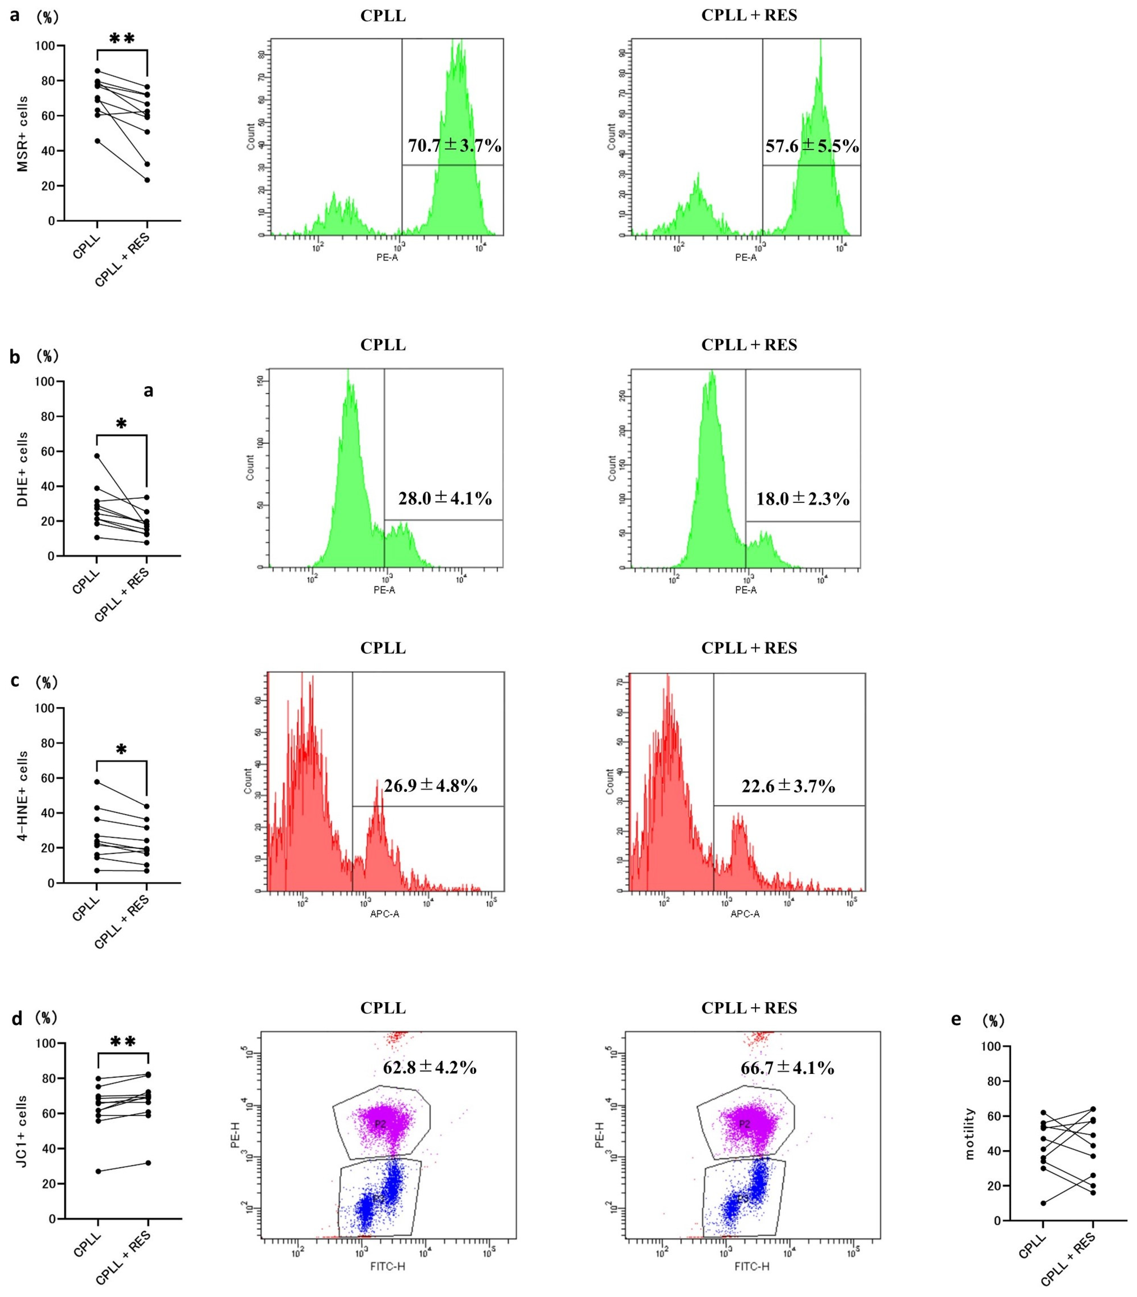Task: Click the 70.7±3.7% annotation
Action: click(454, 146)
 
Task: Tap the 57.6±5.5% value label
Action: click(812, 147)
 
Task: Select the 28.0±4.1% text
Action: click(445, 499)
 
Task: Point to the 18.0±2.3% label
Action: click(803, 499)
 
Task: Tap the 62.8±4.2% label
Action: click(429, 1068)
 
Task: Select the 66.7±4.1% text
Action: click(788, 1068)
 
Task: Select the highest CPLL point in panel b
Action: click(97, 455)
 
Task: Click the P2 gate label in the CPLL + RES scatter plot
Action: click(744, 1124)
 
